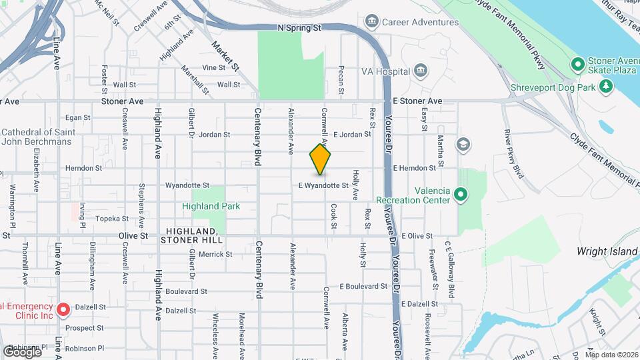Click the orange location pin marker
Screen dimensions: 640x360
point(320,159)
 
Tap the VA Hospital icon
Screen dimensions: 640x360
point(420,71)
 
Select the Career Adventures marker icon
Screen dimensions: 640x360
point(372,22)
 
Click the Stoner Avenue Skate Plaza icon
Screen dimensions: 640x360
point(577,64)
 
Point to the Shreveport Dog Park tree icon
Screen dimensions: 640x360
point(605,86)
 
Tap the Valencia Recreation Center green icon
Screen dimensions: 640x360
point(460,195)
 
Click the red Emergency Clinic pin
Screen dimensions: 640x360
point(63,309)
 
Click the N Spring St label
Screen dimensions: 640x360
point(299,28)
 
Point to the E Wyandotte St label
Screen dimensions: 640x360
point(323,185)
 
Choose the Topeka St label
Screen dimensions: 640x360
point(111,219)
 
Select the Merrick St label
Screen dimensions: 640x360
point(215,254)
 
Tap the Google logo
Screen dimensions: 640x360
point(21,351)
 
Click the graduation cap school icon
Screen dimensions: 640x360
point(463,144)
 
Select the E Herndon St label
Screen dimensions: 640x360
point(414,168)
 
